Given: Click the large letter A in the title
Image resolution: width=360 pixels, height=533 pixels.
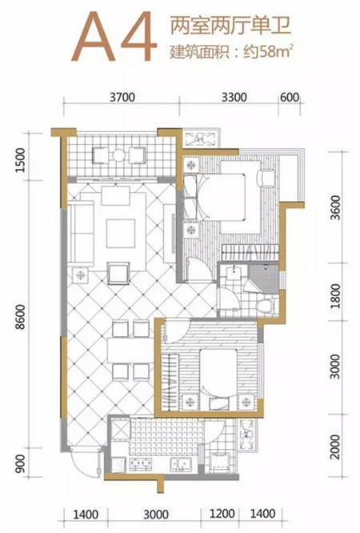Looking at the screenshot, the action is (x=93, y=37).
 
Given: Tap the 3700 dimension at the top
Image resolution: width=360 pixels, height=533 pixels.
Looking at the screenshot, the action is (x=122, y=98).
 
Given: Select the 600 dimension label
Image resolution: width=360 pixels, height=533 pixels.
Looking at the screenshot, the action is (x=290, y=98).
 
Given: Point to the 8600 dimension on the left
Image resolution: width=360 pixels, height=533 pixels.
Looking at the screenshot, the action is (x=20, y=317).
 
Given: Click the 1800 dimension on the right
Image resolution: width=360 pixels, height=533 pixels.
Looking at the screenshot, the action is (x=335, y=296).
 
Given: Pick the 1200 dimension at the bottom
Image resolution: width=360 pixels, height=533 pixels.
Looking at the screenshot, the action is (x=222, y=514).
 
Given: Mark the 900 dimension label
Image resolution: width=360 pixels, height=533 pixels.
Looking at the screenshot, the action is (x=20, y=464).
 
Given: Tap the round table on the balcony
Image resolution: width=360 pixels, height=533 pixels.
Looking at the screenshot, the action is (x=119, y=155).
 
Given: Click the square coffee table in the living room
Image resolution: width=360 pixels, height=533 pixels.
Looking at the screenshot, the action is (x=121, y=234).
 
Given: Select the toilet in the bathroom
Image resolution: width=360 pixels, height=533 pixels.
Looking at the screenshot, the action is (x=267, y=305).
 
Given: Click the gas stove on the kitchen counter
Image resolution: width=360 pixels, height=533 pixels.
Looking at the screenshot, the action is (x=140, y=463).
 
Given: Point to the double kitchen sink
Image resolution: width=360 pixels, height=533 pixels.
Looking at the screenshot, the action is (x=182, y=463).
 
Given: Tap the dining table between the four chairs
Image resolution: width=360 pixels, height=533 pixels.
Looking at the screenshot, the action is (x=130, y=350).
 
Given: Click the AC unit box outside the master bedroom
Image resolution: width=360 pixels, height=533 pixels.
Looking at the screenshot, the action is (x=200, y=138).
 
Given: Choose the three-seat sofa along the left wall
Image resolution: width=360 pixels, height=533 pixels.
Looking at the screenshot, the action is (x=81, y=233).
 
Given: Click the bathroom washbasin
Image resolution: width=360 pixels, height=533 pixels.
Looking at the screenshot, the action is (x=234, y=271).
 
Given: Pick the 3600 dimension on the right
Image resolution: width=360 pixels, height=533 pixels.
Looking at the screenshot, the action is (x=335, y=207).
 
